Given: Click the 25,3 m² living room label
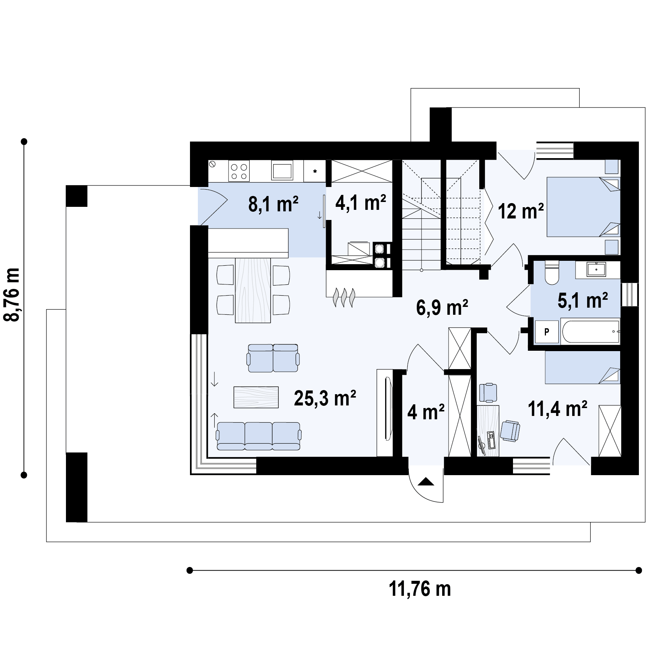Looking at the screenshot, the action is coord(325,398).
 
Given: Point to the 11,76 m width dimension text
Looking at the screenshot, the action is coord(420,589).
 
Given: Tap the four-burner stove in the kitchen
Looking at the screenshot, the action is coord(239,171).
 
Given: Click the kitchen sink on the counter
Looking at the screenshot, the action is coord(282,171).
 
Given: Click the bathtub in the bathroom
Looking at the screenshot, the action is coord(590,331).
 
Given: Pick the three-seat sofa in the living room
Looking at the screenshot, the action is coord(259,436).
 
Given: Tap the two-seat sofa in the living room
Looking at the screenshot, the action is coord(273,358).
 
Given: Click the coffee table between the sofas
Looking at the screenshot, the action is coord(256,397).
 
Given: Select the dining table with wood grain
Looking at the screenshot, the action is coord(253,290).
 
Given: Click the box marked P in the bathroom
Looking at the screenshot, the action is coord(547,331).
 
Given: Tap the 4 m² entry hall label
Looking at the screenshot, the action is coord(426,412).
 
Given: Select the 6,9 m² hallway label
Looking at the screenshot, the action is coord(442,308).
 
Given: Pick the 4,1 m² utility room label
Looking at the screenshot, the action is coord(360,203).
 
